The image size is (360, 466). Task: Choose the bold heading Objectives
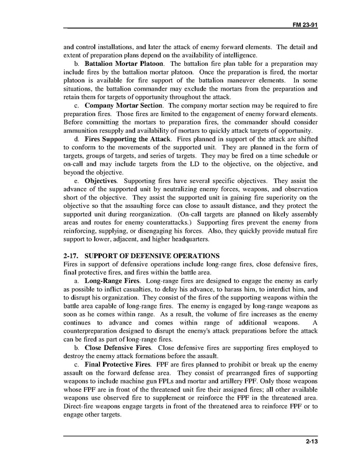[x=100, y=181]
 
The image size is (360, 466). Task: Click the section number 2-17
[x=71, y=256]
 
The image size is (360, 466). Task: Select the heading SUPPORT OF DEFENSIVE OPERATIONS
[x=152, y=256]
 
